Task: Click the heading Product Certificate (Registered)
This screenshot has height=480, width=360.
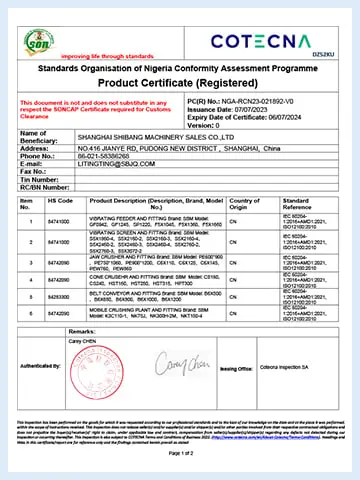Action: [180, 84]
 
